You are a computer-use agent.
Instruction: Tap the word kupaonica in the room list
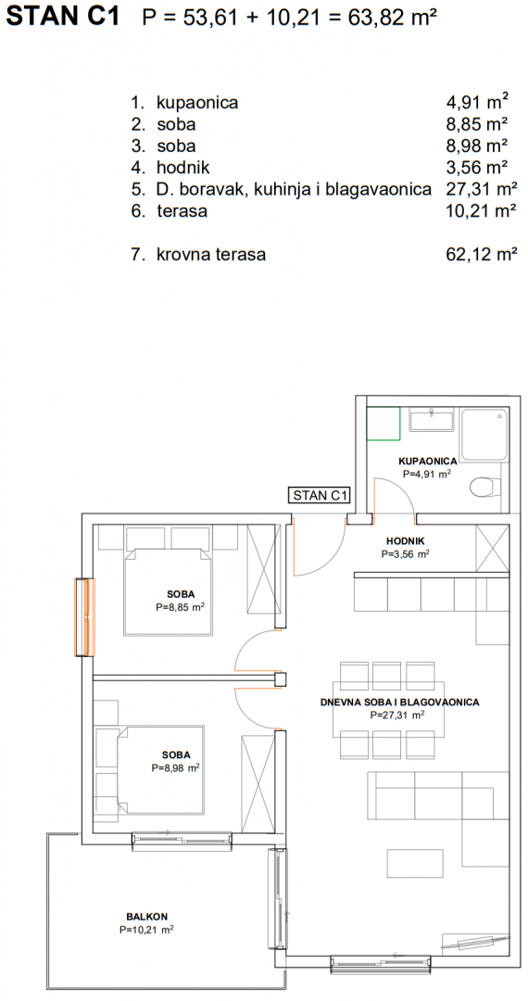coord(197,103)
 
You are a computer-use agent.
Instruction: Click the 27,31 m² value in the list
coord(482,189)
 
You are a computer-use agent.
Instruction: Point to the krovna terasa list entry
coord(211,255)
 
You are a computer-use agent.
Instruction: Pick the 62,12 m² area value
coord(482,255)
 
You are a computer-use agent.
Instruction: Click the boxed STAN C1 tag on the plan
coord(320,494)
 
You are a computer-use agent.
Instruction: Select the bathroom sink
coord(431,421)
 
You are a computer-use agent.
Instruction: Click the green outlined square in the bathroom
coord(383,424)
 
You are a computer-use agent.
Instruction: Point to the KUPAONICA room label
coord(427,461)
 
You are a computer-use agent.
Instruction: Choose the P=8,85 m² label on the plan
coord(179,608)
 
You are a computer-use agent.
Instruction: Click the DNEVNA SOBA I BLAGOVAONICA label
coord(399,703)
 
